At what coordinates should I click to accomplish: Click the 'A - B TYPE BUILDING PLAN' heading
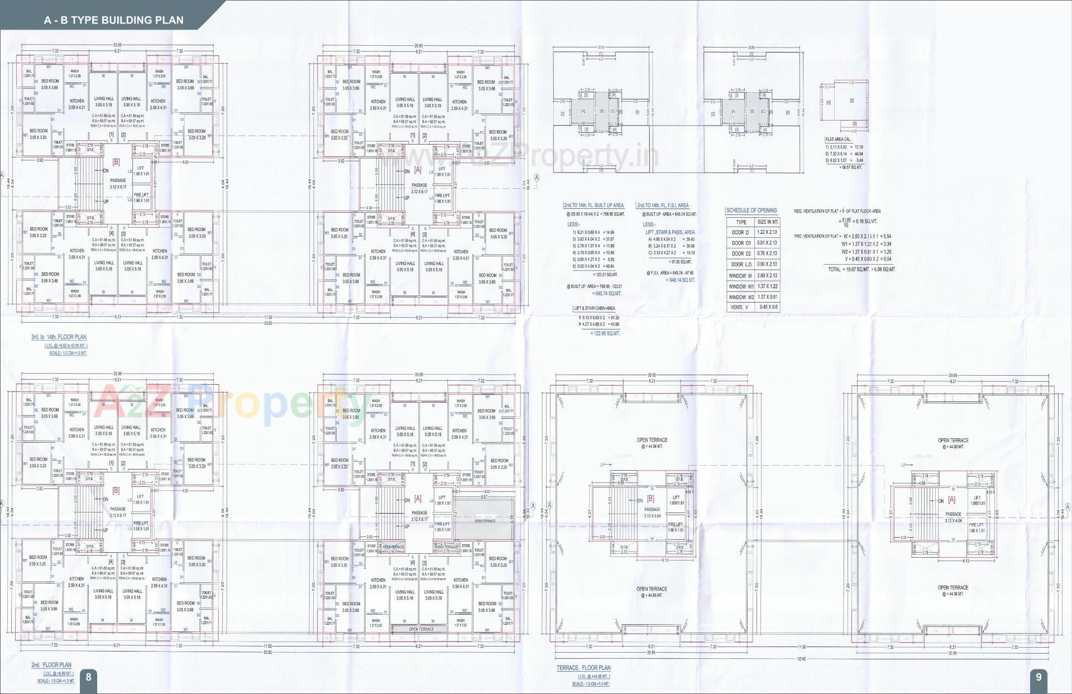(x=113, y=20)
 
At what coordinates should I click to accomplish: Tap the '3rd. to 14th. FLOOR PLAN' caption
(x=59, y=337)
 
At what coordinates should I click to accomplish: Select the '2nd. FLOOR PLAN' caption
(x=51, y=665)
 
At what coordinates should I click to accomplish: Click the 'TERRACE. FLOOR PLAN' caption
(x=583, y=668)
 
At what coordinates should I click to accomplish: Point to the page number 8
(x=88, y=677)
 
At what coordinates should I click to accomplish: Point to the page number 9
(x=1038, y=677)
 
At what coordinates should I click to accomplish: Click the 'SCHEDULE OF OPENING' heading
(x=751, y=210)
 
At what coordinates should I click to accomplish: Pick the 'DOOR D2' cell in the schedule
(x=741, y=253)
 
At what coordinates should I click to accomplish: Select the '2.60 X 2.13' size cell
(x=767, y=275)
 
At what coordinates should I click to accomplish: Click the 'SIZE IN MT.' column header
(x=768, y=222)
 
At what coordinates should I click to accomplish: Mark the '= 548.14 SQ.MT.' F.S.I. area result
(x=682, y=280)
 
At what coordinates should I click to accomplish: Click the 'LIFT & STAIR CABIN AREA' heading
(x=594, y=308)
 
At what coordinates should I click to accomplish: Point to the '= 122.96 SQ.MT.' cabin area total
(x=605, y=333)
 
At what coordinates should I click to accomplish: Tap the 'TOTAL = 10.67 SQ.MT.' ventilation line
(x=862, y=269)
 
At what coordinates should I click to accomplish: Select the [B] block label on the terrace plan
(x=650, y=499)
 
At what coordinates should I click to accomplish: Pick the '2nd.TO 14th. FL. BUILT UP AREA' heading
(x=594, y=205)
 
